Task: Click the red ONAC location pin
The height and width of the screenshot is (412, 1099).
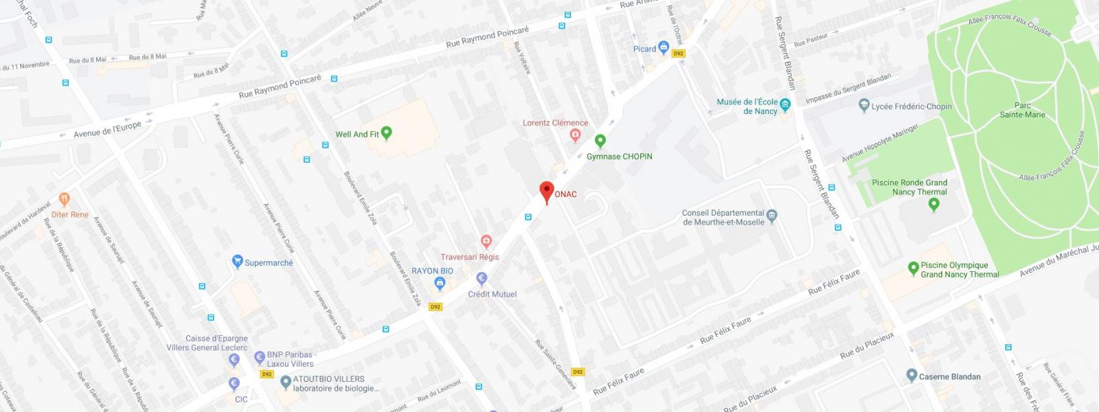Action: click(x=547, y=192)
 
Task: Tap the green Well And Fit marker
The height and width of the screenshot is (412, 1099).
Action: click(x=387, y=133)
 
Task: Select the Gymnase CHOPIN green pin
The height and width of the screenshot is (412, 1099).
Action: click(x=600, y=141)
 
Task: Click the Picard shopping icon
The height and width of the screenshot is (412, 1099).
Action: click(x=664, y=48)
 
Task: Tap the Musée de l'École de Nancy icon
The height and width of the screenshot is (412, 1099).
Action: click(x=786, y=104)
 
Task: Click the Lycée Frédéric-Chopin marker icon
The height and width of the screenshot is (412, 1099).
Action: click(x=864, y=106)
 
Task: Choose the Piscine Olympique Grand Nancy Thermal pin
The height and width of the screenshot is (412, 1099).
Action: click(x=913, y=268)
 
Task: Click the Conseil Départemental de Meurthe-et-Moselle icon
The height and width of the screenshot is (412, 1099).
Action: click(x=771, y=216)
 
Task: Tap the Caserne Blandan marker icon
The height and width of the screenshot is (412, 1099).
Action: click(x=911, y=376)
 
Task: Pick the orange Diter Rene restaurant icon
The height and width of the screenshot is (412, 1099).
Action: click(x=65, y=200)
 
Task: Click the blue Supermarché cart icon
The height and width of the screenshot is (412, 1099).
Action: click(x=237, y=262)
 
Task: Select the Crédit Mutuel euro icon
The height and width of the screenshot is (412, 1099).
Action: click(x=481, y=279)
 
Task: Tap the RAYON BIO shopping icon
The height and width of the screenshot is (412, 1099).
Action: click(x=440, y=283)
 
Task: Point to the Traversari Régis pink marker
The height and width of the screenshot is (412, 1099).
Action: click(x=486, y=242)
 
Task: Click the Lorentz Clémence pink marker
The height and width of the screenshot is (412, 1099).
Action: click(x=576, y=135)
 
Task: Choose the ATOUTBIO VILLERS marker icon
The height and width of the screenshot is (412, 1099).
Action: click(x=286, y=382)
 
